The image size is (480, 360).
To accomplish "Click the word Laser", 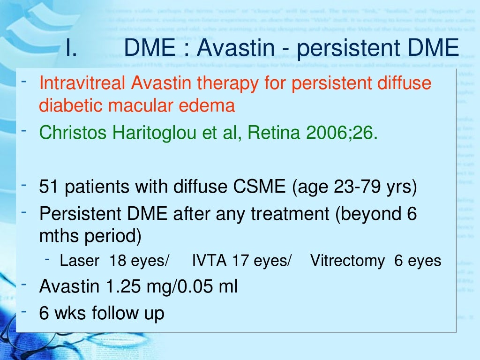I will (79, 261).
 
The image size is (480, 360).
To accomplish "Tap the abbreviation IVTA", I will (210, 261).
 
